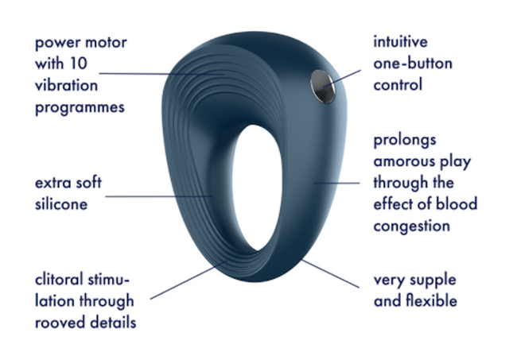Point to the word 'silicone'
pyautogui.click(x=60, y=204)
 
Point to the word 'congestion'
pyautogui.click(x=412, y=226)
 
